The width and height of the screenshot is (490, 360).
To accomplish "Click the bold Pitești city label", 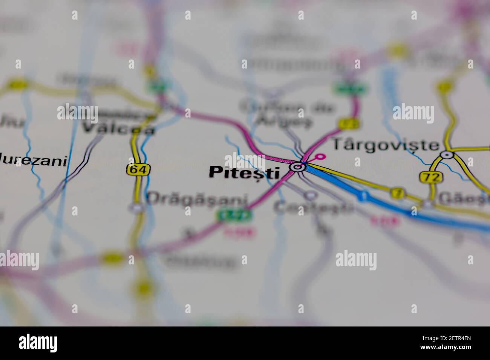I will pos(244,172).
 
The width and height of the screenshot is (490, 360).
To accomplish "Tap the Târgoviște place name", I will pos(385,145).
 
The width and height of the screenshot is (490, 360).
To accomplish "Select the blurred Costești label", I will pos(314,207).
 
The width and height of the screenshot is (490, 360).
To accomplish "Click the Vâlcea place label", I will pos(118,128).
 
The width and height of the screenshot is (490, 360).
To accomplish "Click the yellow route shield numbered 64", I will pos(138,169).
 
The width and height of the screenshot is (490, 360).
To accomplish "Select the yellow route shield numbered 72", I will pos(430,177).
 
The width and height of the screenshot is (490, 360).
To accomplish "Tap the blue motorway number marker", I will pos(363,196).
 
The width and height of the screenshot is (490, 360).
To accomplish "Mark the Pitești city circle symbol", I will pos(297,166).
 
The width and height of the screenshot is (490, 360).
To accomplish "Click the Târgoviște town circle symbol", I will pos(447,154).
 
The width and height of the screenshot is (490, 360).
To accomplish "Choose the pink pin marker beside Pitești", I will pos(321,156).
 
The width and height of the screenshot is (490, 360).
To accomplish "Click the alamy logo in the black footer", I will pos(38,343).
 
